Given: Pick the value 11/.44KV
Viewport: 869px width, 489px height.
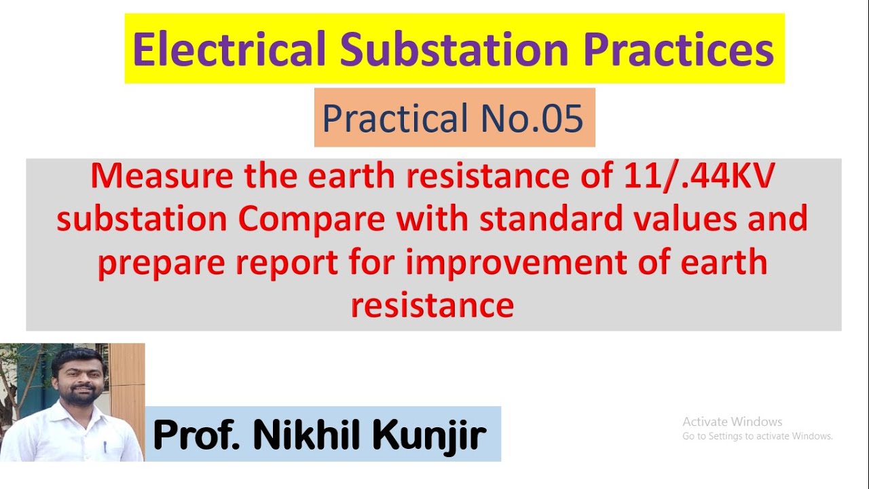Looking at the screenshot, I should [x=699, y=177].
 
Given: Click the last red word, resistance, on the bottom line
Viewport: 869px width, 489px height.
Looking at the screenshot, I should [x=432, y=305].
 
